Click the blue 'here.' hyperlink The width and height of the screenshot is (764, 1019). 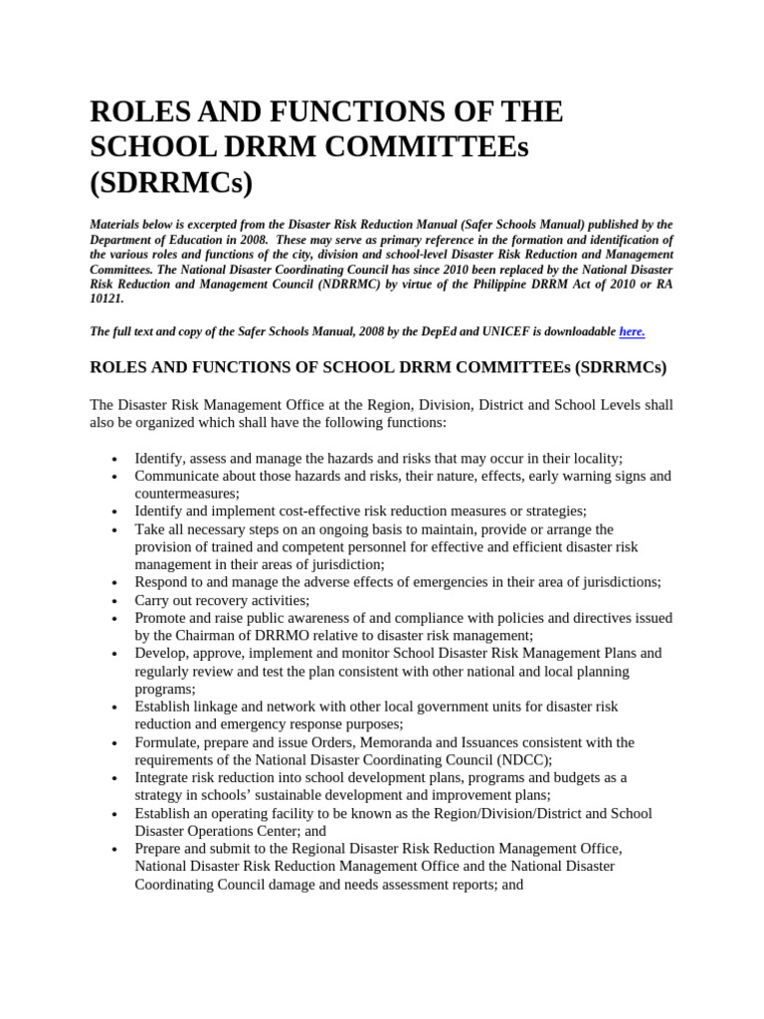[x=632, y=331]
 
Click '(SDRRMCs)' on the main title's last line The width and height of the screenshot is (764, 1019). [x=171, y=183]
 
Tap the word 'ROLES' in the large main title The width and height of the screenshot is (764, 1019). [x=137, y=111]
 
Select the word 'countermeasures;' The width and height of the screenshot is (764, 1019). [x=187, y=493]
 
